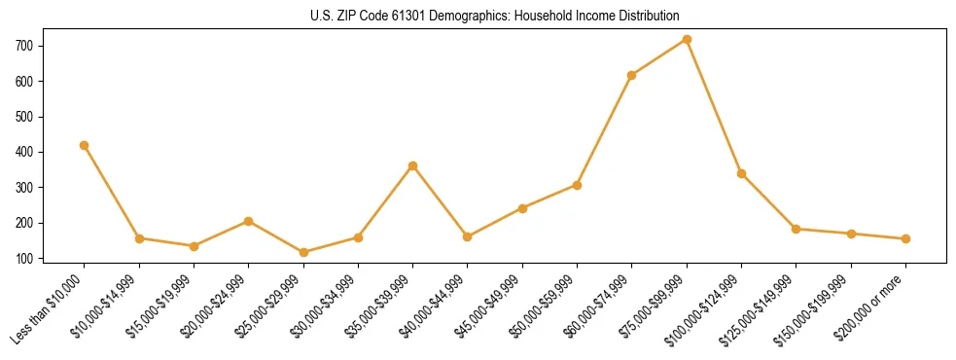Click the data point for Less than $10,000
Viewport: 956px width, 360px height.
coord(85,145)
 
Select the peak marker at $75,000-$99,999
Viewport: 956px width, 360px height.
coord(687,40)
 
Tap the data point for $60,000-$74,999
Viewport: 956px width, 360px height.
coord(632,75)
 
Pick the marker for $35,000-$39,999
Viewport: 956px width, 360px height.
coord(413,165)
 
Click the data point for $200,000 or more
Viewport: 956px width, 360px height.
coord(905,238)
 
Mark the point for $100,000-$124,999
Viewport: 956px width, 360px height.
coord(741,173)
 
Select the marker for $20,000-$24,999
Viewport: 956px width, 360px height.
coord(249,221)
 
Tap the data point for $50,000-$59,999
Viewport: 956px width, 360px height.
coord(577,185)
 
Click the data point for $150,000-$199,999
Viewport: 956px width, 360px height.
coord(851,234)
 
